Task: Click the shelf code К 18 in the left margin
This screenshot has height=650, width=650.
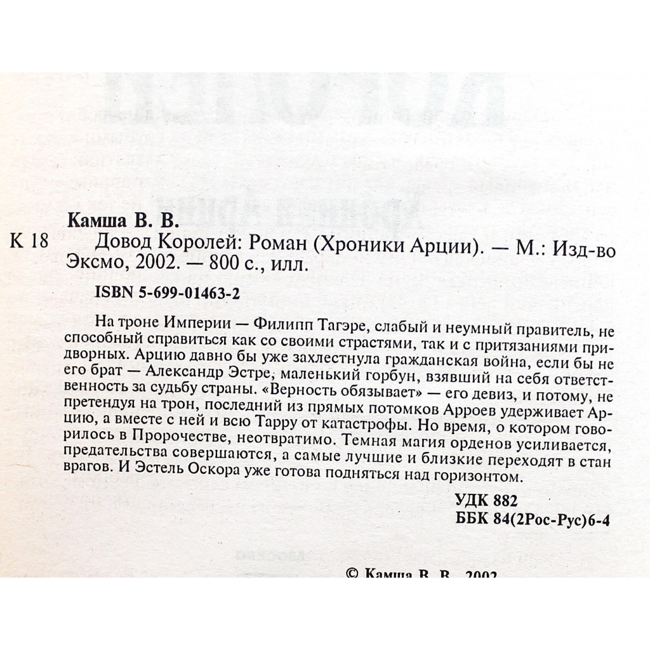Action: point(30,242)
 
